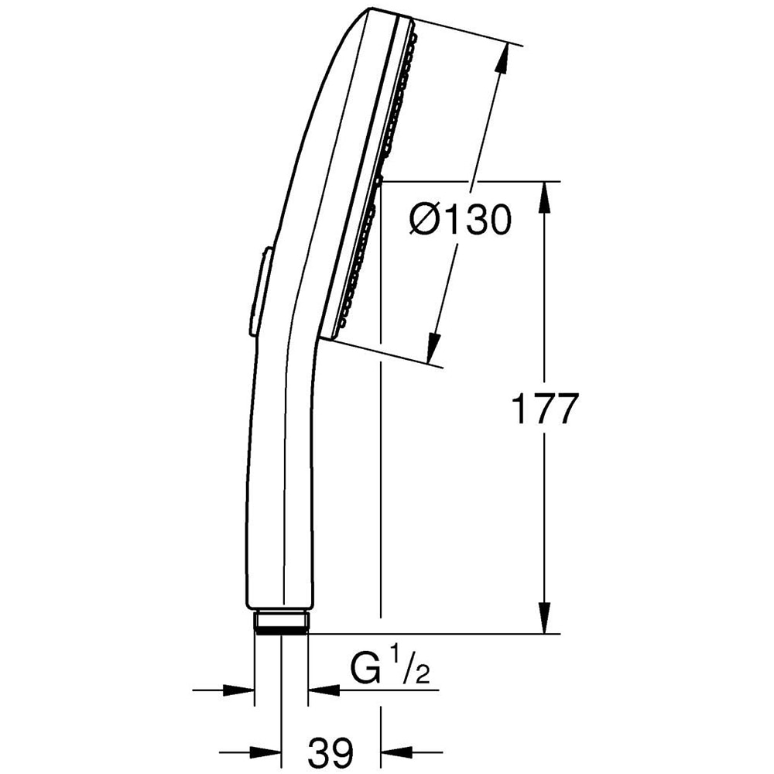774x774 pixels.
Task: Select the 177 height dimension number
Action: (x=545, y=409)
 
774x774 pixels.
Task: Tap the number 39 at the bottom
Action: (x=332, y=750)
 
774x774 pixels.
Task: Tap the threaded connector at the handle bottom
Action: (x=281, y=622)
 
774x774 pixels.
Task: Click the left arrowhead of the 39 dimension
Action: (x=270, y=750)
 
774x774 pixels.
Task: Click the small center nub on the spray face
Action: (x=378, y=181)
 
